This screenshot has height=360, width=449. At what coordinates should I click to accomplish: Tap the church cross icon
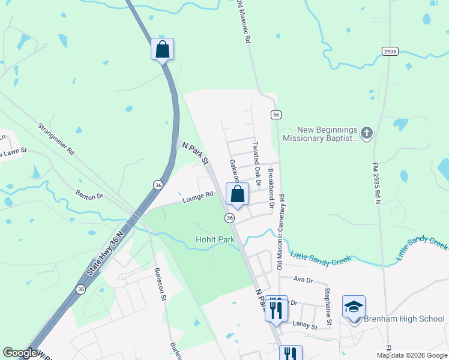click(x=367, y=132)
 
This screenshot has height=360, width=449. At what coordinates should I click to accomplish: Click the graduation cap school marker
click(x=354, y=307)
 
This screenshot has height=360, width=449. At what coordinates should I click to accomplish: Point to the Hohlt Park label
click(x=215, y=239)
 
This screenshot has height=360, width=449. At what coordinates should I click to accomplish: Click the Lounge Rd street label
click(x=199, y=196)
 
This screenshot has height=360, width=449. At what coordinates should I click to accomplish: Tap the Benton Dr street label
click(x=89, y=194)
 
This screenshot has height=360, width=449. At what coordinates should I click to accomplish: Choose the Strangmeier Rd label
click(x=55, y=139)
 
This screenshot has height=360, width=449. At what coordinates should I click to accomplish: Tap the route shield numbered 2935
click(x=390, y=52)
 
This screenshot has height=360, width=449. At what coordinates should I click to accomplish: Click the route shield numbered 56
click(x=276, y=115)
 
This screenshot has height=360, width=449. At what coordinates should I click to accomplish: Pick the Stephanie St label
click(x=328, y=308)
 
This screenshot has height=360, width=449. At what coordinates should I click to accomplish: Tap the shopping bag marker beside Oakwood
click(x=237, y=194)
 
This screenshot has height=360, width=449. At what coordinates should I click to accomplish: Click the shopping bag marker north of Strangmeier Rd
click(x=162, y=49)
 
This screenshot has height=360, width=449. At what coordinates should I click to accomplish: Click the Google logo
click(x=20, y=353)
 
